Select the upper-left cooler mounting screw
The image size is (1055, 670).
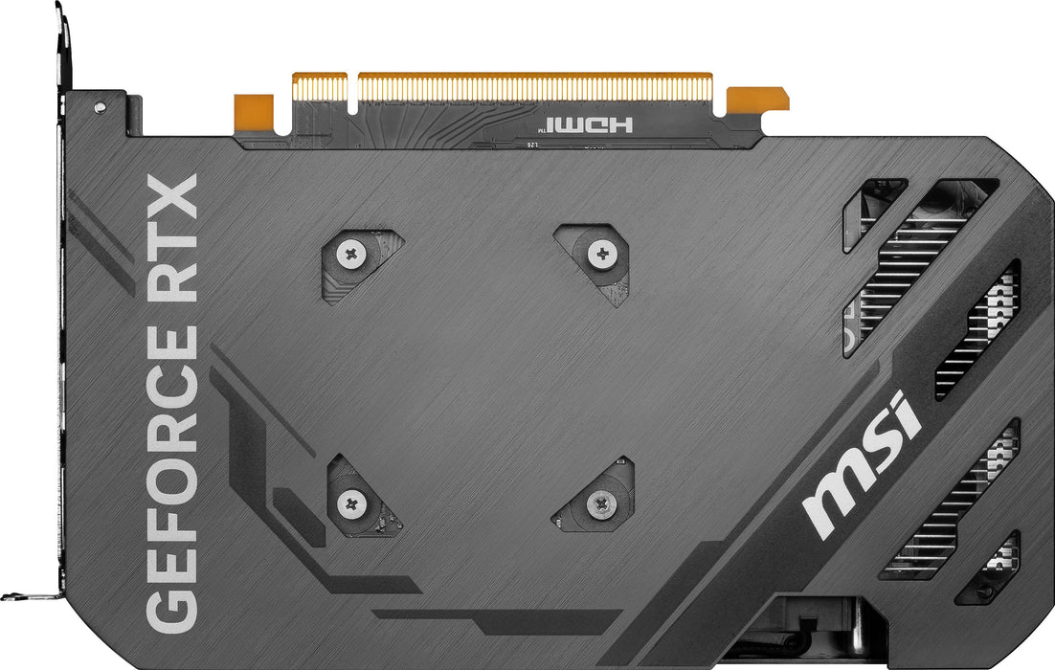click(x=351, y=254)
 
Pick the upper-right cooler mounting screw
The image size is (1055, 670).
click(x=602, y=254)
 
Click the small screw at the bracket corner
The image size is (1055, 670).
click(x=100, y=108)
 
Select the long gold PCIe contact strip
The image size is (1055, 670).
click(x=535, y=86)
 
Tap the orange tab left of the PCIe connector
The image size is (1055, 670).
click(x=254, y=109)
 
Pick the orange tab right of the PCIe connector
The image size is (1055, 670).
click(x=757, y=99)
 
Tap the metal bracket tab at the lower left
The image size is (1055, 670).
click(x=29, y=594)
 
